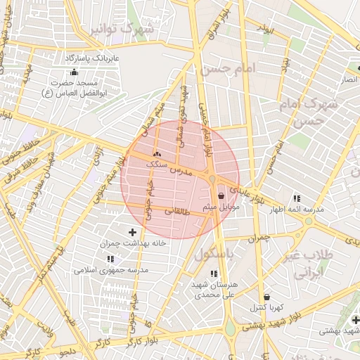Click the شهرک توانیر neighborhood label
[132, 29]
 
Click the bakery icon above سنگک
[156, 154]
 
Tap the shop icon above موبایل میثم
[222, 195]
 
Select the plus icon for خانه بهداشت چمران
[132, 232]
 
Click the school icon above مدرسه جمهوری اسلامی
[110, 259]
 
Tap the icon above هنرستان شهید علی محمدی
[214, 274]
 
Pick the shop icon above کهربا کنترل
[266, 297]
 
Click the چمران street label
[259, 238]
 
